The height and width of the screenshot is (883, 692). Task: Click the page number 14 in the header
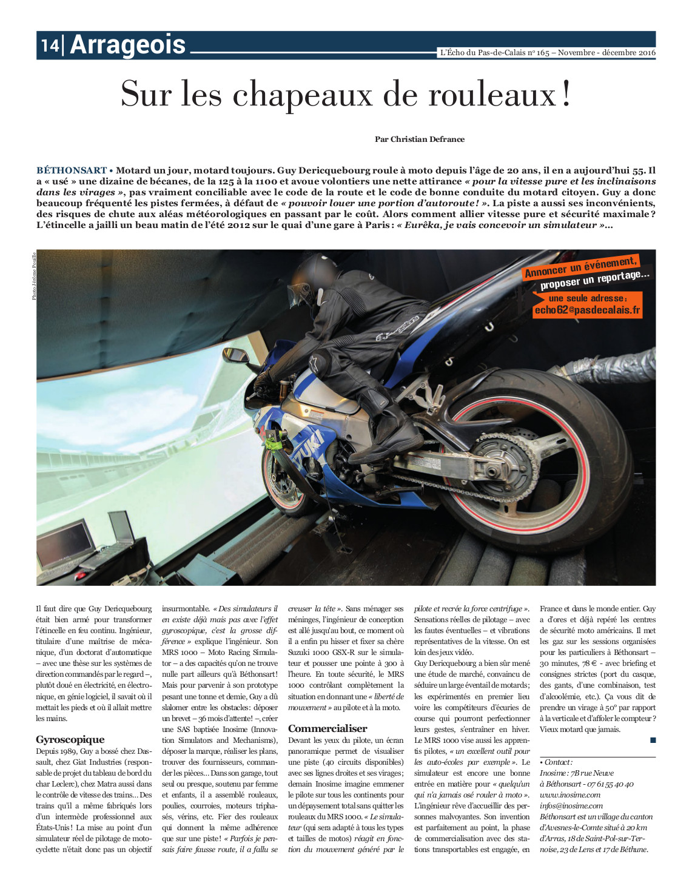(x=50, y=45)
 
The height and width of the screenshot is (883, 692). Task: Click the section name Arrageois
(x=128, y=45)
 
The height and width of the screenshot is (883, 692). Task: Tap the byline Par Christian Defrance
(x=419, y=139)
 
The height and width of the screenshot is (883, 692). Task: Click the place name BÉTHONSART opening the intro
(x=72, y=170)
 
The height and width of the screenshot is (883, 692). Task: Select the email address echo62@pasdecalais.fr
(x=586, y=310)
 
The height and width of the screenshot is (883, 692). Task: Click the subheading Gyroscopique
(x=70, y=739)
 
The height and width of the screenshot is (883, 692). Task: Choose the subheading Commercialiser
(x=328, y=728)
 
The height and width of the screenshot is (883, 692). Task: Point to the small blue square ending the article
(x=653, y=740)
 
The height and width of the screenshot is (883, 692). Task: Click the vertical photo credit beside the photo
(x=34, y=275)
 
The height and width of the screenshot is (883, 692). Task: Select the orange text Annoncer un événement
(x=580, y=267)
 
